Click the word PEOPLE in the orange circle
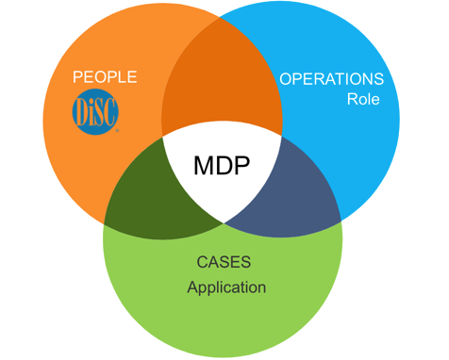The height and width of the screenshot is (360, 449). coord(105,76)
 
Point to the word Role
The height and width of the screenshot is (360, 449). coord(363,99)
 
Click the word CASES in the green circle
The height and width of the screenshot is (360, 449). coord(223,261)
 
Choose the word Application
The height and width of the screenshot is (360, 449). coord(226,286)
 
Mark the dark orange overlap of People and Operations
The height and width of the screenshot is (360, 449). coord(223,90)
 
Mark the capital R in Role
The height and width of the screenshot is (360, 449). coord(351,99)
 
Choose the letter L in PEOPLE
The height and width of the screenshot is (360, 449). coord(124,76)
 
